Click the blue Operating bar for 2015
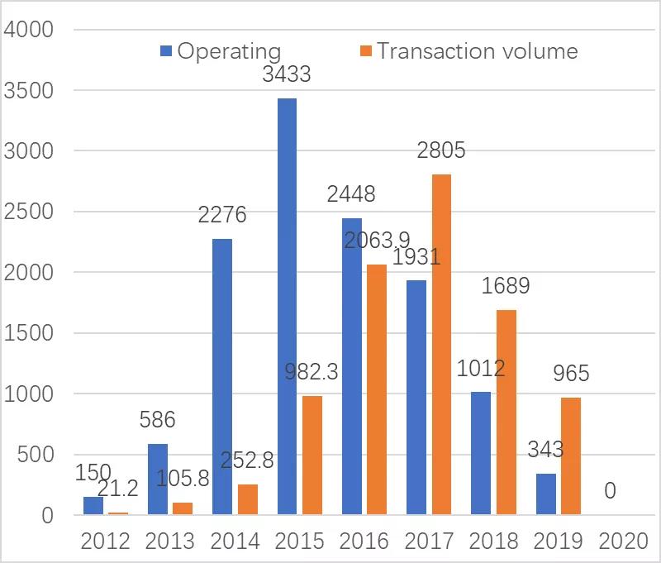(287, 307)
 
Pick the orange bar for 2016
(377, 389)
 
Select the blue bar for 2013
(158, 480)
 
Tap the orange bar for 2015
(312, 456)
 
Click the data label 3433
(287, 74)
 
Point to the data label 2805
(441, 150)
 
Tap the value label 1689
(505, 286)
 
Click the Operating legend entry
(221, 51)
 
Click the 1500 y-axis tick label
(28, 333)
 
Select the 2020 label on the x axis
(622, 542)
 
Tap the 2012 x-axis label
(105, 542)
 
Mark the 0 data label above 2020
(610, 491)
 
